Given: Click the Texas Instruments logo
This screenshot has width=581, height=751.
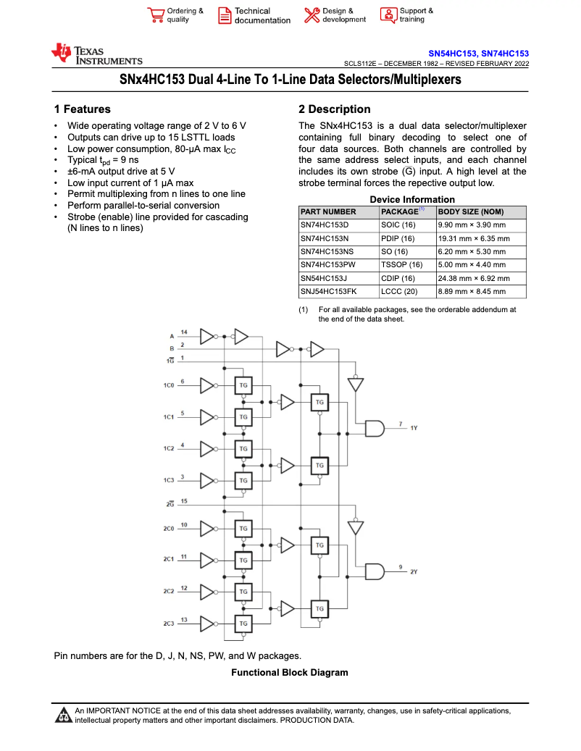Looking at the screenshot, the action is point(96,54).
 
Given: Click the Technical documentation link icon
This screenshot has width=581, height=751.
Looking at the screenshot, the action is point(225,16).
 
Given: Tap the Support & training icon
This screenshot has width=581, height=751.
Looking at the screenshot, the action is point(388,16).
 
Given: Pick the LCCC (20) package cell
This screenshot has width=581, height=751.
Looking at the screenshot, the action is point(399,291).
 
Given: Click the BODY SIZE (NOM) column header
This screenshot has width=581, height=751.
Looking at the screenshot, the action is point(471,211).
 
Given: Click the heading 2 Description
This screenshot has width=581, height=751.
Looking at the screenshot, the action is point(334,109).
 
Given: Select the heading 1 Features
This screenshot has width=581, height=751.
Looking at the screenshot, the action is point(83,109).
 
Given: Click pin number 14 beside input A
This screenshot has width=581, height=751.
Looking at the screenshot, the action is point(184,332).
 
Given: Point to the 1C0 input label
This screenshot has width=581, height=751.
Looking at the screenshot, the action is point(169,385).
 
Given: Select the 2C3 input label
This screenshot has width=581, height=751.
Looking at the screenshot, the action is point(169,624).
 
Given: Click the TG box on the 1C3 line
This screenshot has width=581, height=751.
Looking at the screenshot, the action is point(243,480).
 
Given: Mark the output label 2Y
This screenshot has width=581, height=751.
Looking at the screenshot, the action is point(414,572).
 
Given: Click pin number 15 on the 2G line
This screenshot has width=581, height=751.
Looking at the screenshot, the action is point(184,501).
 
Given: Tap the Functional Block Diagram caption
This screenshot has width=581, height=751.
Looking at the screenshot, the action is point(289,673).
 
